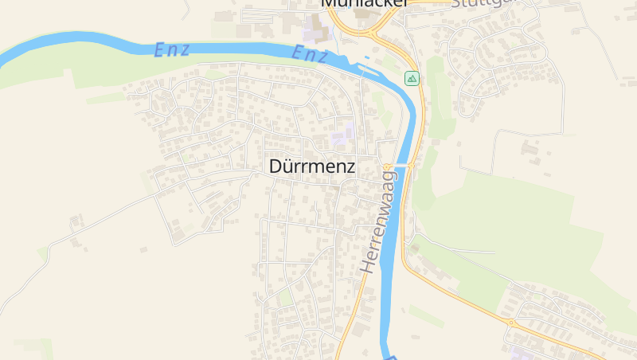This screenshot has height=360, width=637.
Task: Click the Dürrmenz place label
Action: (x=312, y=167)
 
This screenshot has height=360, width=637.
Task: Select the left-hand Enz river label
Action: (x=172, y=49)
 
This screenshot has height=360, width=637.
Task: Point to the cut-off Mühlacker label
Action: (x=365, y=3)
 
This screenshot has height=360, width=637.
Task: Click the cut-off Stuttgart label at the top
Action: (x=483, y=3)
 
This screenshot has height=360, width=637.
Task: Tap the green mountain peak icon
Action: (x=412, y=78)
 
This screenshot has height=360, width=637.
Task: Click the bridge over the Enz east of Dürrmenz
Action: (x=401, y=165)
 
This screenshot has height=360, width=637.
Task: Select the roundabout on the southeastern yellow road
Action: (x=510, y=323)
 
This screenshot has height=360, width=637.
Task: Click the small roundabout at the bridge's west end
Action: (x=388, y=167)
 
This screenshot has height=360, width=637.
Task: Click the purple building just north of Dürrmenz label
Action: (x=342, y=134)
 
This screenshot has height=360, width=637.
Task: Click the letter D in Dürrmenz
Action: (x=276, y=167)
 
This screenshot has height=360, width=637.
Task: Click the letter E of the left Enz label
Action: (x=158, y=49)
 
